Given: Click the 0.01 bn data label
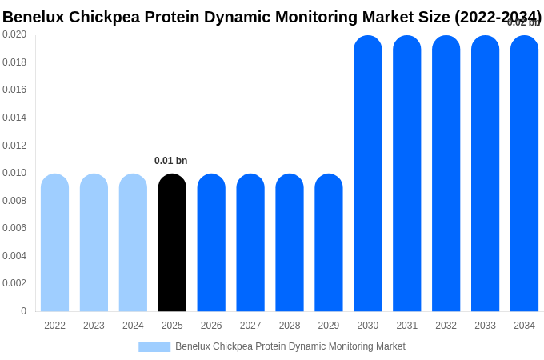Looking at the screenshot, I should [x=170, y=161].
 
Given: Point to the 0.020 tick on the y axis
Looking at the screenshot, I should [x=14, y=34].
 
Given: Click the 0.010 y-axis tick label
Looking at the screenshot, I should [x=14, y=173].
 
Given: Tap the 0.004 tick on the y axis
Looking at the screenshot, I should [x=14, y=256].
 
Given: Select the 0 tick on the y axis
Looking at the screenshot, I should [x=23, y=311].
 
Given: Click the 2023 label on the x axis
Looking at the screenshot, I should [x=94, y=326].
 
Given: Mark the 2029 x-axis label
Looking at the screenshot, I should [x=329, y=326].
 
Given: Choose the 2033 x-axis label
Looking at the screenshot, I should [x=485, y=326].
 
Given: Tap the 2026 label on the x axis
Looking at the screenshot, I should [x=211, y=326].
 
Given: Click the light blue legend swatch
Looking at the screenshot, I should [x=154, y=347].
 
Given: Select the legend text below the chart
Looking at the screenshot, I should [x=290, y=346].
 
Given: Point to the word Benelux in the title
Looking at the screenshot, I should [x=33, y=17].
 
